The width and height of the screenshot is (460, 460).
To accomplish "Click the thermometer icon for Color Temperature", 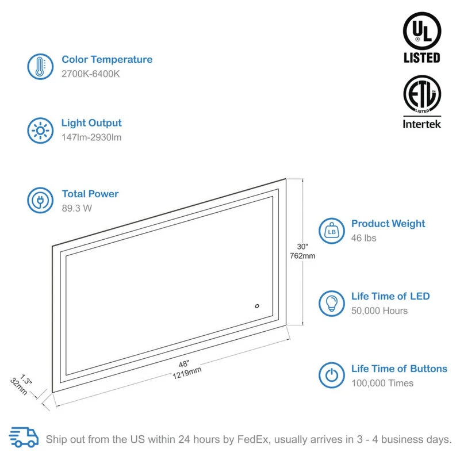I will [x=40, y=67].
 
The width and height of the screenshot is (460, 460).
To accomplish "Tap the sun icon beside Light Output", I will [x=40, y=131].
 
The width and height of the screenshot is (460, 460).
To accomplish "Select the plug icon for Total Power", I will [x=40, y=201].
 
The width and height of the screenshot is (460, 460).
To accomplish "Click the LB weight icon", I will [x=332, y=231].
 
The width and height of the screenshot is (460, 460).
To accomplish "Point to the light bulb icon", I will [x=332, y=303].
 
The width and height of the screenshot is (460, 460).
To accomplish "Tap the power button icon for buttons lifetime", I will [x=332, y=375].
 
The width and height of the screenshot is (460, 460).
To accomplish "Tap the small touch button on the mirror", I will [x=257, y=306].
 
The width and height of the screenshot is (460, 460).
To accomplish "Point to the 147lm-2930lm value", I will [x=91, y=137].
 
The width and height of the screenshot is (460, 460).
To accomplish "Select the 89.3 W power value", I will [x=77, y=209].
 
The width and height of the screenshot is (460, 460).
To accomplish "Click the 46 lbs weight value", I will [x=364, y=238].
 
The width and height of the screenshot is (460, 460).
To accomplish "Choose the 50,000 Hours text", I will [x=379, y=311].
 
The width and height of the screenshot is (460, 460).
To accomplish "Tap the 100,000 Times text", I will [x=382, y=383].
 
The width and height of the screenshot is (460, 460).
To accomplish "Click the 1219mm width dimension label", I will [x=187, y=370].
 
